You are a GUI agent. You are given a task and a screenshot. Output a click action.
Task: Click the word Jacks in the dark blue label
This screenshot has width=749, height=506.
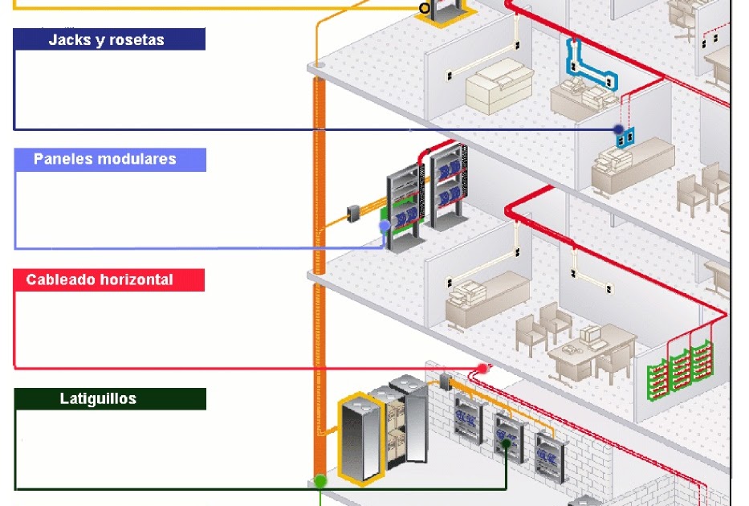coord(68,39)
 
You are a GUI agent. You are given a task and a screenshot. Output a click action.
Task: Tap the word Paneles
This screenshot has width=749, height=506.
coord(63,159)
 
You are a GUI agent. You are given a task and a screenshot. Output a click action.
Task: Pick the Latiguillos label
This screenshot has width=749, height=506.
coord(98,398)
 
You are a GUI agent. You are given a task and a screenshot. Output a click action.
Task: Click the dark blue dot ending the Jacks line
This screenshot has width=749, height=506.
coord(618,129)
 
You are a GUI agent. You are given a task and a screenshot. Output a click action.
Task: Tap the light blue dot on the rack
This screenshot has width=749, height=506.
coord(385,226)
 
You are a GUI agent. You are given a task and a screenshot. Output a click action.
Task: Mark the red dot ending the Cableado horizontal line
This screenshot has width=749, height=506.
coord(482,369)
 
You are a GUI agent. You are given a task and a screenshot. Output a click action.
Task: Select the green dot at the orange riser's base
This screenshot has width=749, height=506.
coord(320,480)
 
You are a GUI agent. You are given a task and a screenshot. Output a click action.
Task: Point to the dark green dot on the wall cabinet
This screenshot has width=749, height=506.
coord(507,443)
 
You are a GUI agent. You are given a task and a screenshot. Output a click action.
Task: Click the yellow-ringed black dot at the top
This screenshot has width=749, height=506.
coord(425,9)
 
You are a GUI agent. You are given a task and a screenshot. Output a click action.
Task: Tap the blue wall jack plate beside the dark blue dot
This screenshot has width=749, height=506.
coord(626,137)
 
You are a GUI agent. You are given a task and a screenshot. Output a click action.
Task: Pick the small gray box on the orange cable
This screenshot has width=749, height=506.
coord(352,213)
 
